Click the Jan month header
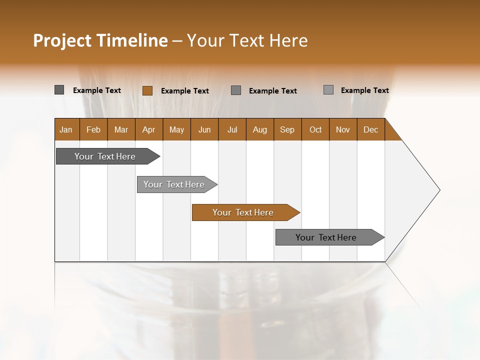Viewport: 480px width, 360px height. (66, 129)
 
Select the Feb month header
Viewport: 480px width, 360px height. (93, 129)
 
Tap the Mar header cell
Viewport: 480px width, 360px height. (121, 129)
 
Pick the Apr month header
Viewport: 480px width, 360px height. (148, 129)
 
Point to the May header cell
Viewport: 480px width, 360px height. (176, 129)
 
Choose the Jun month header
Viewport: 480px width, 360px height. (204, 129)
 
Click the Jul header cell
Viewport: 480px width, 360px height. (232, 129)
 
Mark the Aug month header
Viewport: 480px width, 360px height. (259, 129)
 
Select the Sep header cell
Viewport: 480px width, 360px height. (287, 129)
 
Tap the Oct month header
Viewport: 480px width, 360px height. (315, 129)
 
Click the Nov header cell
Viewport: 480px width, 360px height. (343, 129)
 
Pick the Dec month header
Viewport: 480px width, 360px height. (370, 129)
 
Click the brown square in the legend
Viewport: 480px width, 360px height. (147, 90)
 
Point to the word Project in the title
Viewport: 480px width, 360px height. (62, 40)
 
